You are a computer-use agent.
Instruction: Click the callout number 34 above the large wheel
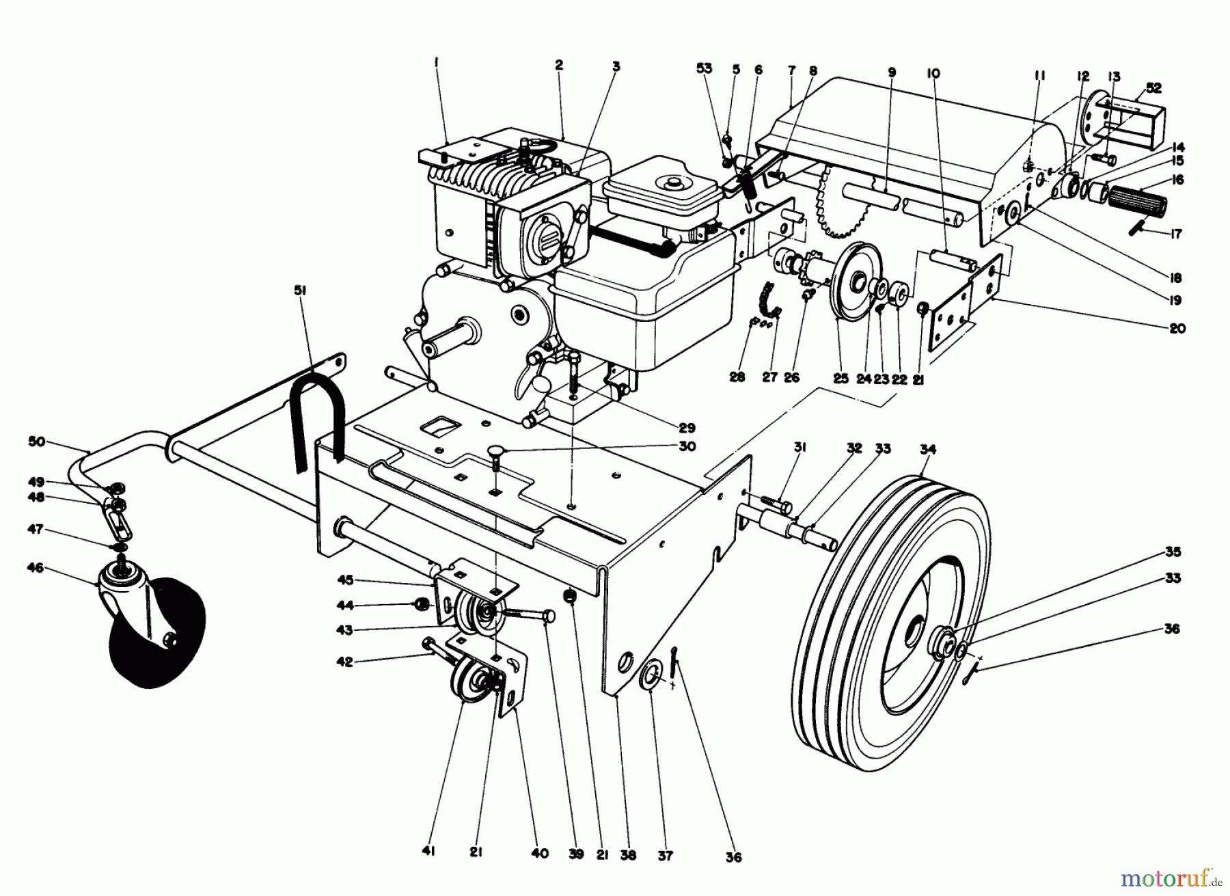[928, 450]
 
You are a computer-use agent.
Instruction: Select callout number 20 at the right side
[1177, 329]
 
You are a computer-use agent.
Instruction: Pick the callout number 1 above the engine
[435, 62]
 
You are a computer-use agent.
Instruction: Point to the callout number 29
[687, 428]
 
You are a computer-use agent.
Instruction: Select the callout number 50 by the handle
[37, 442]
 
